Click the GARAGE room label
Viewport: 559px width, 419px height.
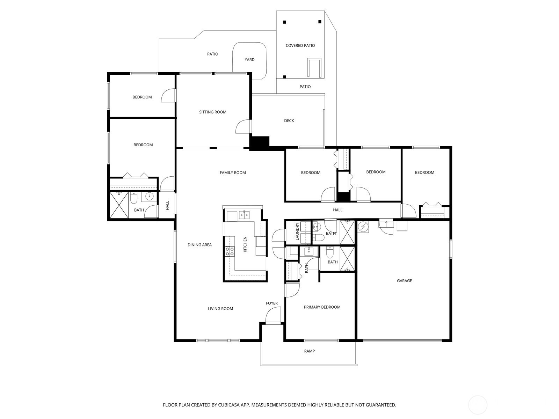coord(404,281)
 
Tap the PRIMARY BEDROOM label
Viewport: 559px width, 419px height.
coord(322,307)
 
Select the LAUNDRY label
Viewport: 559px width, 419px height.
coord(297,231)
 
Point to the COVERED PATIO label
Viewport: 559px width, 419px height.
coord(300,45)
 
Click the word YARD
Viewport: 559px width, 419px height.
coord(249,59)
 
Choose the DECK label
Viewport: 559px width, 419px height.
coord(289,120)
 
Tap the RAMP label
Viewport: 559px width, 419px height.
coord(310,351)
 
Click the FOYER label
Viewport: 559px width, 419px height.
coord(272,303)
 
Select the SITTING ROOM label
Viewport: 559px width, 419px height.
coord(213,112)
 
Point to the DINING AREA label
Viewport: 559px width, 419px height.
coord(199,245)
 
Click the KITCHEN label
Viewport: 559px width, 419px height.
coord(245,244)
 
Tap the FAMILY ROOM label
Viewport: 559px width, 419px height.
coord(233,172)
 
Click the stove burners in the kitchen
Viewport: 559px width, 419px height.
coord(229,251)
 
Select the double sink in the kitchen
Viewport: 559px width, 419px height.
coord(244,215)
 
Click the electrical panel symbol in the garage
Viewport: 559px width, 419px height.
coord(363,226)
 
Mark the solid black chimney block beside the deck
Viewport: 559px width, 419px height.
coord(259,143)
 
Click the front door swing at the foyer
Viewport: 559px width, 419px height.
coord(273,315)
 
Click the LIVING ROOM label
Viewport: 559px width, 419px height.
coord(220,309)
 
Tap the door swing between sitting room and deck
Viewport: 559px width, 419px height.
coord(242,126)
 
